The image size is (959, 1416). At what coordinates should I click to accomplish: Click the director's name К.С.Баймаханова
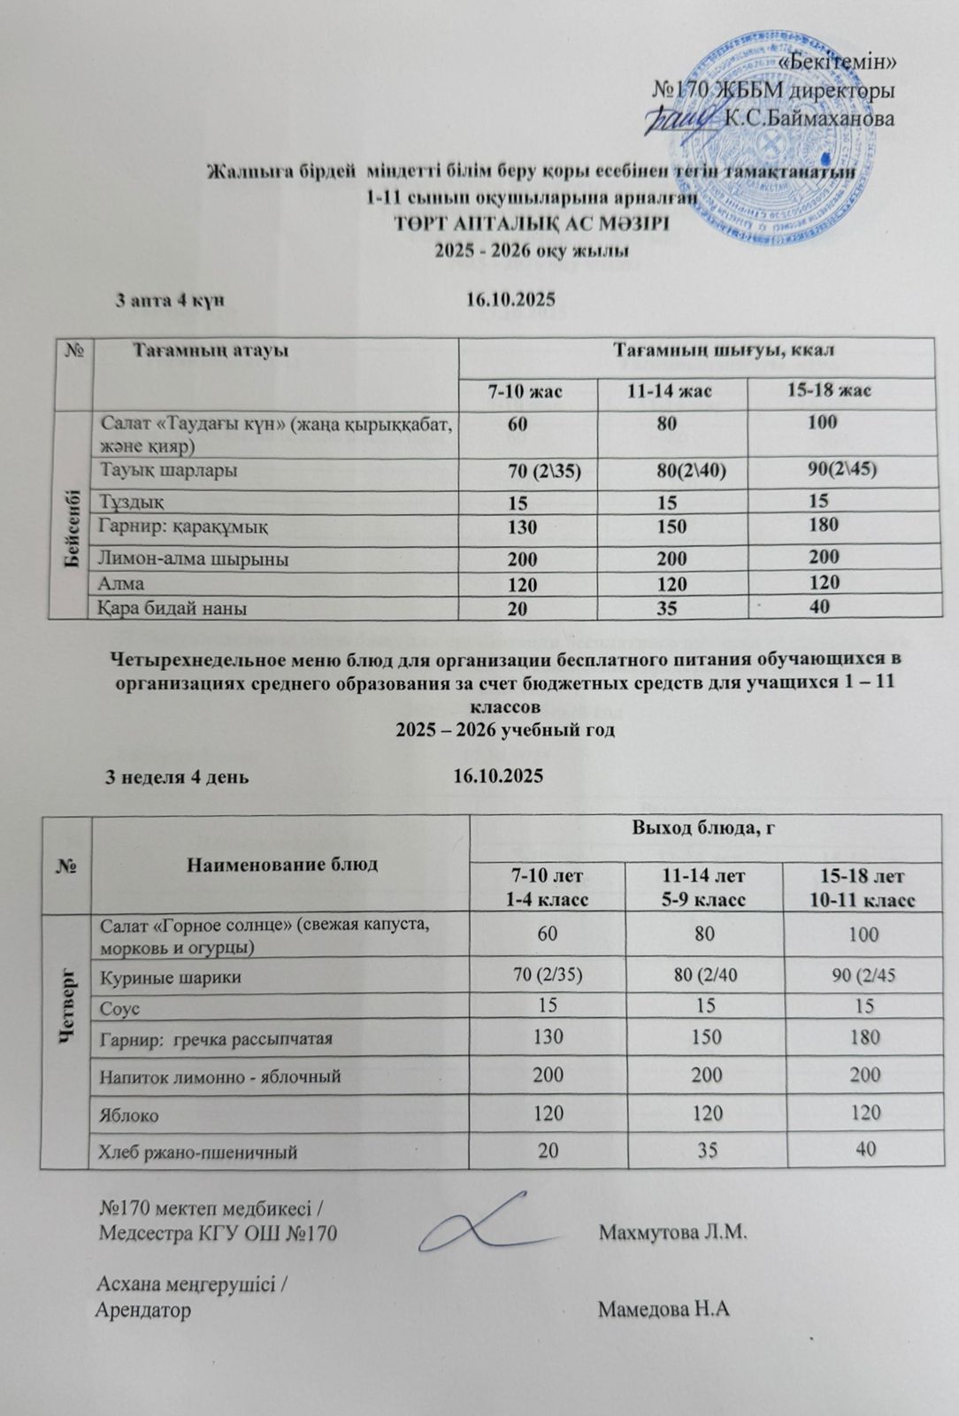tap(808, 117)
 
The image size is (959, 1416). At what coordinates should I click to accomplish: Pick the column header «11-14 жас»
tap(671, 389)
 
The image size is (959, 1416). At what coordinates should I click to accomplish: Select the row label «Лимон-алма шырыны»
tap(195, 558)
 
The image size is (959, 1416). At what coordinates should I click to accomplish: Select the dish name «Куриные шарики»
tap(171, 978)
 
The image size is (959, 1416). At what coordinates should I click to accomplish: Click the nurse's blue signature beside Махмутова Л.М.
tap(493, 1224)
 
